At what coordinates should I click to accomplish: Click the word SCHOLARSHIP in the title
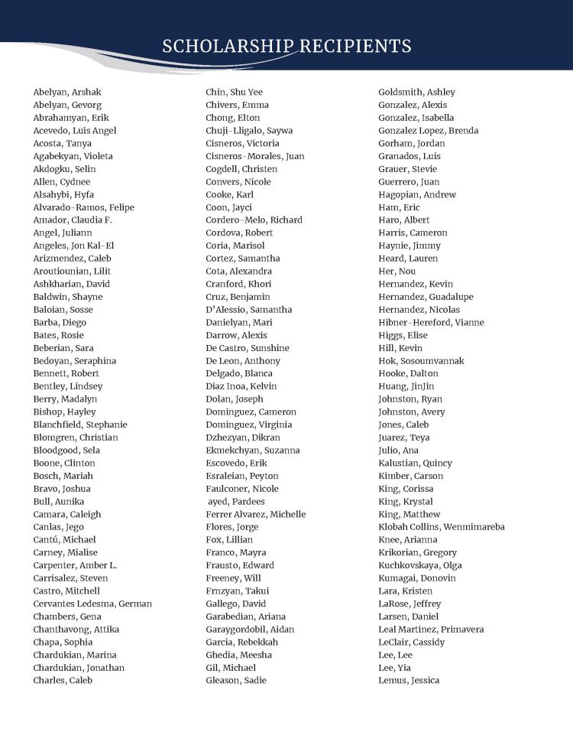(x=227, y=46)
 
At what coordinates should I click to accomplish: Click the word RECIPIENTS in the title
(x=354, y=46)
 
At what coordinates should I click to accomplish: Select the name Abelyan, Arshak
(x=67, y=92)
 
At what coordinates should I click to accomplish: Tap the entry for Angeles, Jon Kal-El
(x=73, y=246)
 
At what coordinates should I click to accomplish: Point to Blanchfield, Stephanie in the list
(x=80, y=425)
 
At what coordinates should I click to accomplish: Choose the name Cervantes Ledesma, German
(x=92, y=604)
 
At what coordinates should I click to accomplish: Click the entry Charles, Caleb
(x=63, y=680)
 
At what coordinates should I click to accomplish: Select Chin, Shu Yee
(x=234, y=92)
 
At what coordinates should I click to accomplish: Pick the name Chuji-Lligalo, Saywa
(x=249, y=130)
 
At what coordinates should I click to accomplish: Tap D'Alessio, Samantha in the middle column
(x=249, y=309)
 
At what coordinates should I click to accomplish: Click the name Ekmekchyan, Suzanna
(x=253, y=450)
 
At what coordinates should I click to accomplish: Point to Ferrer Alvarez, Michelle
(x=256, y=514)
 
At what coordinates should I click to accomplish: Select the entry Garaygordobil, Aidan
(x=250, y=629)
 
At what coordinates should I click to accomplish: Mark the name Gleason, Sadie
(x=236, y=680)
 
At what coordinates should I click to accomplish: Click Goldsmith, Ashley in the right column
(x=416, y=92)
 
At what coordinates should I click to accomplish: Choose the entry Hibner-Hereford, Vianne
(x=431, y=322)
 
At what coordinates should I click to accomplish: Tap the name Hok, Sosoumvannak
(x=421, y=360)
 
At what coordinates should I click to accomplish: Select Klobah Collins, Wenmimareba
(x=442, y=527)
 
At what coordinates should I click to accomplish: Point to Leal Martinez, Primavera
(x=431, y=629)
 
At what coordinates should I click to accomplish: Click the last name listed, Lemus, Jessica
(x=409, y=680)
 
